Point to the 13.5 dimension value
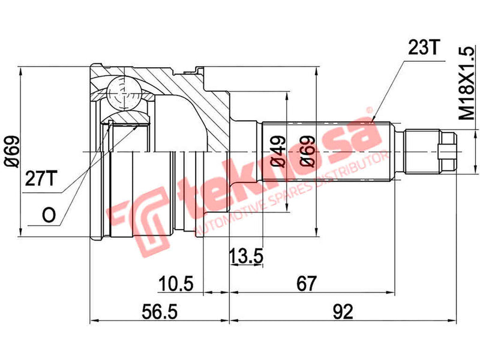(x=247, y=257)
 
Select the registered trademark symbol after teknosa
(x=370, y=113)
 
